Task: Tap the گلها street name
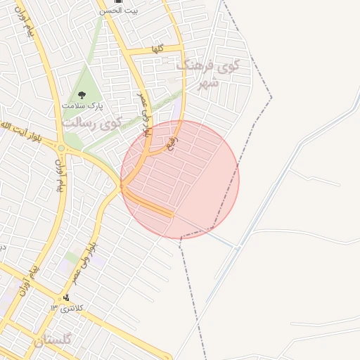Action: point(157,49)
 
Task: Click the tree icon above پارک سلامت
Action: point(81,94)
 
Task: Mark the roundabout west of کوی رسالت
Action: point(62,148)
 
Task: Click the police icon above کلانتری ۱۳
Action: point(67,297)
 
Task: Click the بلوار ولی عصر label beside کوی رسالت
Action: point(143,112)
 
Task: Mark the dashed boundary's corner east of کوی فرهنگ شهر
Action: point(271,97)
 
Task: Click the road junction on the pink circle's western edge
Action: point(122,186)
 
